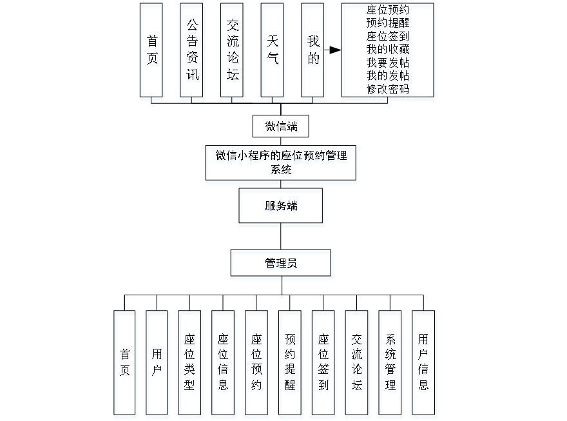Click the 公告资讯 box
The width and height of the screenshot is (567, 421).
(193, 52)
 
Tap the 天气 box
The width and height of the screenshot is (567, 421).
(273, 52)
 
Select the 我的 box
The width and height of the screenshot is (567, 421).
(313, 52)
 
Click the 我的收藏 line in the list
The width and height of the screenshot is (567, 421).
(389, 50)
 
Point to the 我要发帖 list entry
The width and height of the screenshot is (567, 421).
(389, 63)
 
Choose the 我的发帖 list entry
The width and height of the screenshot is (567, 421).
(389, 76)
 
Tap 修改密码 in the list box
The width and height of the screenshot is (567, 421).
(389, 90)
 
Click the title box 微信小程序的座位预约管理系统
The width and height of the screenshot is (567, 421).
(281, 164)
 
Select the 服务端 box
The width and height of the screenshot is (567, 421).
(282, 208)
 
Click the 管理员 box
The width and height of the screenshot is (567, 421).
(282, 265)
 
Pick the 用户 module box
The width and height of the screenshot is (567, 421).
(158, 364)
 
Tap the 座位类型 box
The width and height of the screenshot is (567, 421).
(191, 364)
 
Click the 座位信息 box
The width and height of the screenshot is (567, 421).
(224, 364)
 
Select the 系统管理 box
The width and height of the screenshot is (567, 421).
(390, 364)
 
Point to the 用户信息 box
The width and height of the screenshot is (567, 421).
(424, 364)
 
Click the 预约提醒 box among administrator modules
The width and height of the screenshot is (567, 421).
(291, 364)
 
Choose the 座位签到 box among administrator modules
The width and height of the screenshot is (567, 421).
(323, 364)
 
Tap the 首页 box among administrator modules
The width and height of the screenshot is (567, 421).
(125, 364)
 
